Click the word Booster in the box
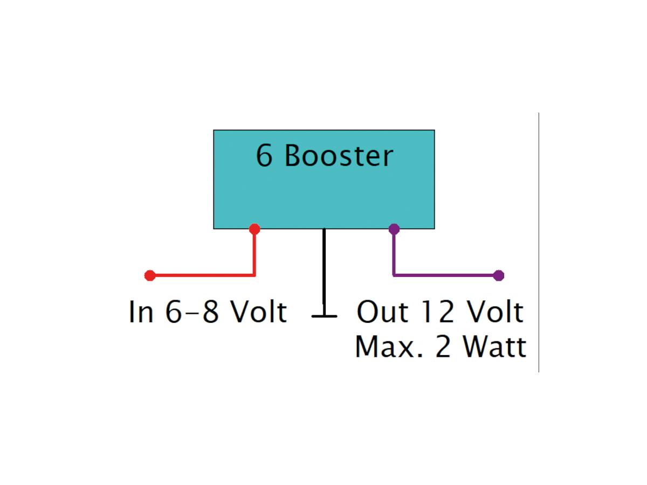339,156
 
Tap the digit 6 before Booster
264,156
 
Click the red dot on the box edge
254,229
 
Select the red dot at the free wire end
150,276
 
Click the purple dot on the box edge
394,229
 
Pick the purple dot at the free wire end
499,276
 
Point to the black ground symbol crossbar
324,316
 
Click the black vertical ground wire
324,269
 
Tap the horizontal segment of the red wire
205,275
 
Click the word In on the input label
141,313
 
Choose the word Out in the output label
380,313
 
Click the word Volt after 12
494,313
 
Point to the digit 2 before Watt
443,347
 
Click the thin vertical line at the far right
539,242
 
